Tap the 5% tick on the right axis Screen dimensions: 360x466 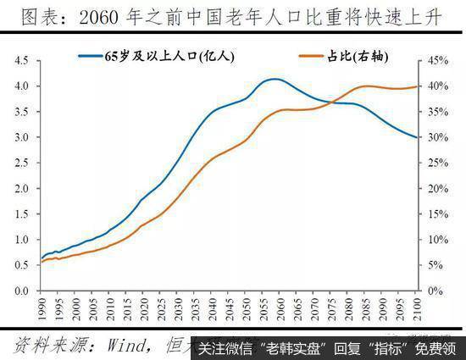(x=431, y=265)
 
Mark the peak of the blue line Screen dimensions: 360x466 (x=273, y=80)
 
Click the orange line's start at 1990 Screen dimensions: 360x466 (x=42, y=262)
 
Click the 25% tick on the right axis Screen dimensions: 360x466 (x=434, y=163)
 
